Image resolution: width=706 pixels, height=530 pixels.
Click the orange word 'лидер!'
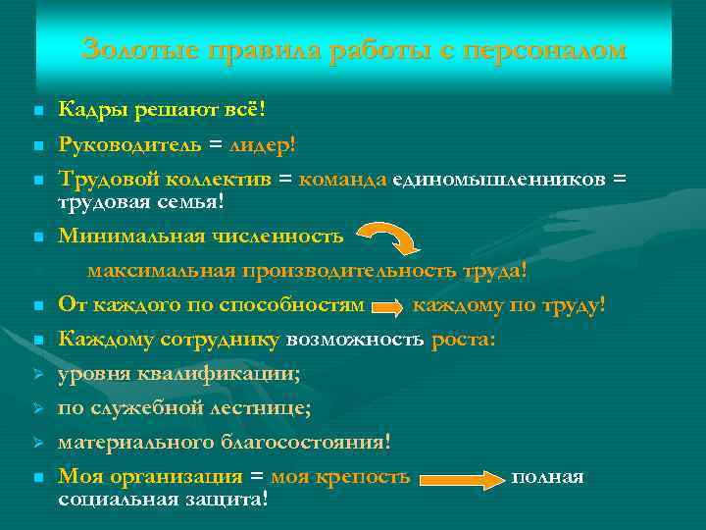click(x=260, y=144)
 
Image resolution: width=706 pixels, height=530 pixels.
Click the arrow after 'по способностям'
click(x=388, y=307)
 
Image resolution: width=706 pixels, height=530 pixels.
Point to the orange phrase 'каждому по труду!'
click(x=509, y=305)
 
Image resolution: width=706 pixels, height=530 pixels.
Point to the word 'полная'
click(x=547, y=477)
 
